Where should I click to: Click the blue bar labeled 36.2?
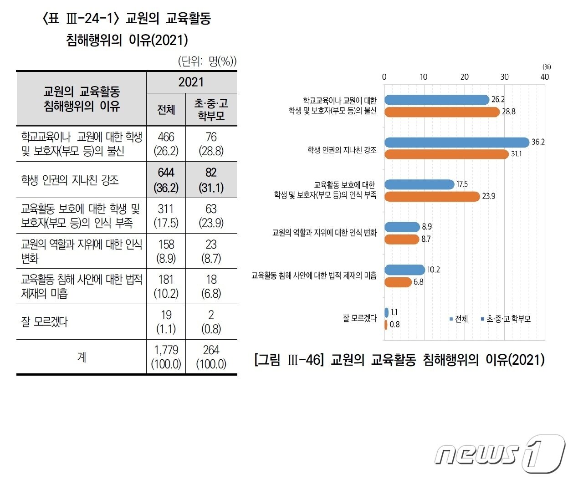[x=456, y=143]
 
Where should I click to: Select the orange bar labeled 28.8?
[x=442, y=112]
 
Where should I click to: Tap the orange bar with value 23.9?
[x=432, y=196]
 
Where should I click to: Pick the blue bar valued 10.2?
[x=404, y=270]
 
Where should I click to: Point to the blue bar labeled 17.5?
[x=419, y=184]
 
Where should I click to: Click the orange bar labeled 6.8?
[x=398, y=282]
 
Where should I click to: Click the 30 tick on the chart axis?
[x=504, y=77]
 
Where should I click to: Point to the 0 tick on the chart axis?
[x=384, y=77]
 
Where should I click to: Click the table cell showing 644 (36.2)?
[x=166, y=180]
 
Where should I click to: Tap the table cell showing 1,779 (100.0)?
[x=166, y=357]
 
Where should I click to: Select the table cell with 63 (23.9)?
[x=211, y=215]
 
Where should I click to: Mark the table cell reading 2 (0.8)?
[x=211, y=321]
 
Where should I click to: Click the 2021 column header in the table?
[x=191, y=82]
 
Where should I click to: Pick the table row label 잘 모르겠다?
[x=44, y=321]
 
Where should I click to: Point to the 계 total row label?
[x=81, y=357]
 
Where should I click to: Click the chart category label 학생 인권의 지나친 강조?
[x=342, y=150]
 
